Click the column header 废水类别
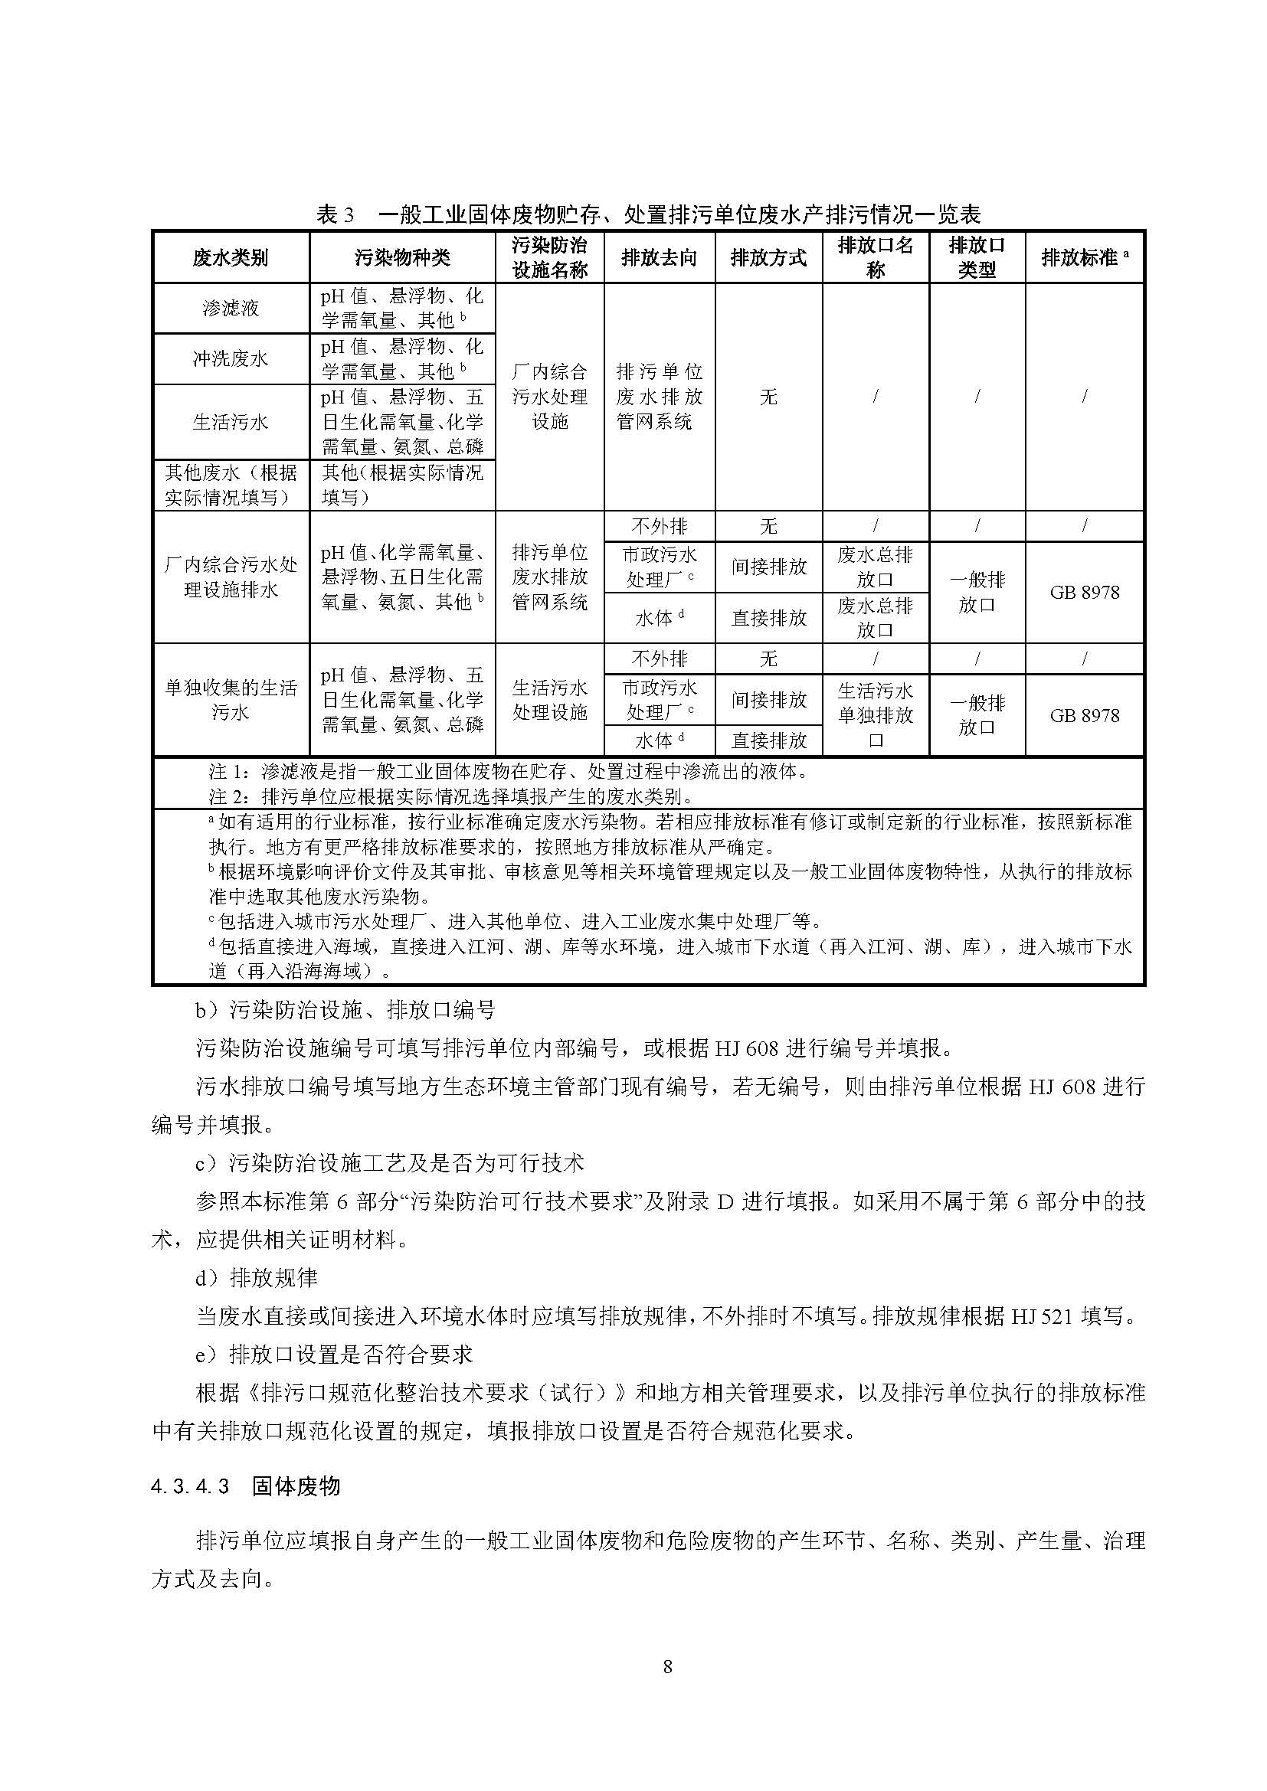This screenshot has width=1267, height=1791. (230, 258)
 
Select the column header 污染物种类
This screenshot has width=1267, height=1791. (402, 258)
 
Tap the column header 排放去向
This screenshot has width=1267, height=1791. (659, 258)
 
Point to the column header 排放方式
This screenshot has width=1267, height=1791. (768, 258)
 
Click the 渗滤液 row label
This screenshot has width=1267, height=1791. (230, 308)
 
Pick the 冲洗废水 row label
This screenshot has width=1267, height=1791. (230, 359)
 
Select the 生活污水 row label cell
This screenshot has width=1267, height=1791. (230, 422)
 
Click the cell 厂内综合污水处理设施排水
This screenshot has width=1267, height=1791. (230, 577)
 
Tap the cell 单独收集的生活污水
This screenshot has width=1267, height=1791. (230, 700)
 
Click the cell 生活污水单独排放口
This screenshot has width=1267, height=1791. (875, 714)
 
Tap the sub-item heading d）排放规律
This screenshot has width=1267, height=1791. (257, 1279)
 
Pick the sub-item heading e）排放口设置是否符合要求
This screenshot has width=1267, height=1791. (334, 1355)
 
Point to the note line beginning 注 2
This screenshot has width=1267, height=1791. (451, 796)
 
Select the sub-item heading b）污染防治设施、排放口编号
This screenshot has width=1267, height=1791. (345, 1011)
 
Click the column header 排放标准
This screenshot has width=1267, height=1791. (1084, 258)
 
